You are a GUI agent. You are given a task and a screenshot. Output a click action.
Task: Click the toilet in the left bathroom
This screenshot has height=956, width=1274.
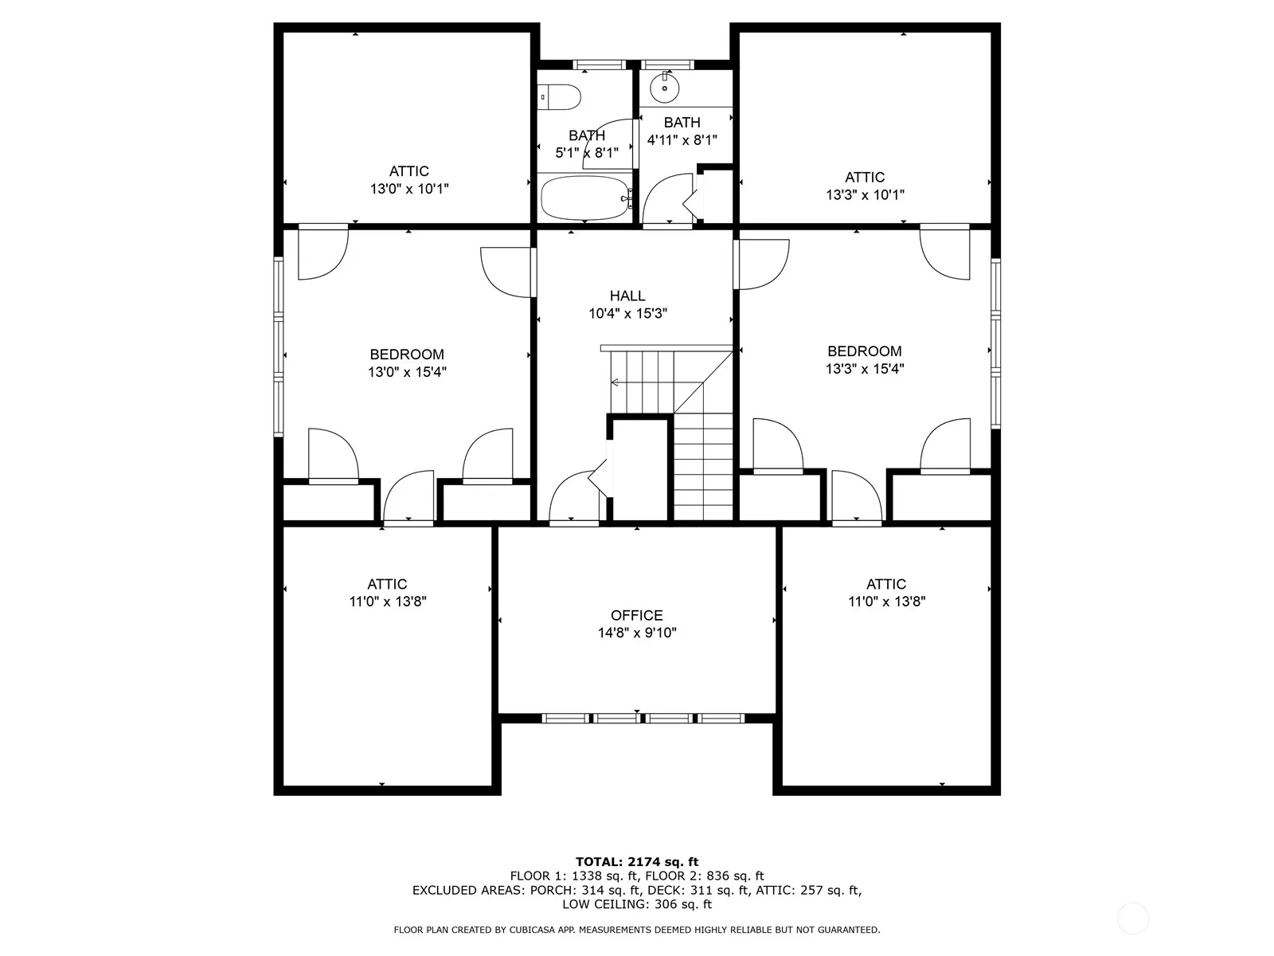tap(559, 97)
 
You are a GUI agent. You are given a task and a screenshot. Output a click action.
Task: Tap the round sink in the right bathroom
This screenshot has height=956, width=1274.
tap(664, 88)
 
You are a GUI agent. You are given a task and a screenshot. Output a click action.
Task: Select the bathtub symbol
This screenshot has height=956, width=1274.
tap(585, 198)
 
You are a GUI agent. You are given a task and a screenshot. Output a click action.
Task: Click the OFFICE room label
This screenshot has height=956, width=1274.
tap(637, 615)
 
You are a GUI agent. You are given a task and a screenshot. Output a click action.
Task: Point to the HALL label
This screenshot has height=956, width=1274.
tap(627, 296)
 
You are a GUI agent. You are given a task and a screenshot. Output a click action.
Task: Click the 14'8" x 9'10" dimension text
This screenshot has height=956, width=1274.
tap(637, 633)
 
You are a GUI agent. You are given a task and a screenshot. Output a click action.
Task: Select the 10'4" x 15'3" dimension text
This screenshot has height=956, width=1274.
tap(627, 313)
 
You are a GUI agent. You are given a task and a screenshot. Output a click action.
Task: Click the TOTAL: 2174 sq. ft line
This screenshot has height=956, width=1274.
tap(637, 862)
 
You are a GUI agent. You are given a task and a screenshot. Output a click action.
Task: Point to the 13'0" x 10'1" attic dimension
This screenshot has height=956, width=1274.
tap(409, 189)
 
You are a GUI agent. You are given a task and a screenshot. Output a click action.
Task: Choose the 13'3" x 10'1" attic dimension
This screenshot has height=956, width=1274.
tap(865, 194)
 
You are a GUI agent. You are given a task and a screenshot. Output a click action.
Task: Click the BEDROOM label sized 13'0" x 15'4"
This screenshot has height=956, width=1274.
tap(407, 354)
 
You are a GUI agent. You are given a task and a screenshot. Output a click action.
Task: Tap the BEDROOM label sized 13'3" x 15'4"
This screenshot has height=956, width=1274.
tap(864, 351)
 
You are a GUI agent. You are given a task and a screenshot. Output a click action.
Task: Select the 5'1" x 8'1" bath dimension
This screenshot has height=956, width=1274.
tap(587, 153)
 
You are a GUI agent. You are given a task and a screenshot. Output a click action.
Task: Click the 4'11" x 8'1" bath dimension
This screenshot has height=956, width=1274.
tap(682, 140)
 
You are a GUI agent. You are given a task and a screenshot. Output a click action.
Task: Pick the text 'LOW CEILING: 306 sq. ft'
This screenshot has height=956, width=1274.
tap(637, 904)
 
